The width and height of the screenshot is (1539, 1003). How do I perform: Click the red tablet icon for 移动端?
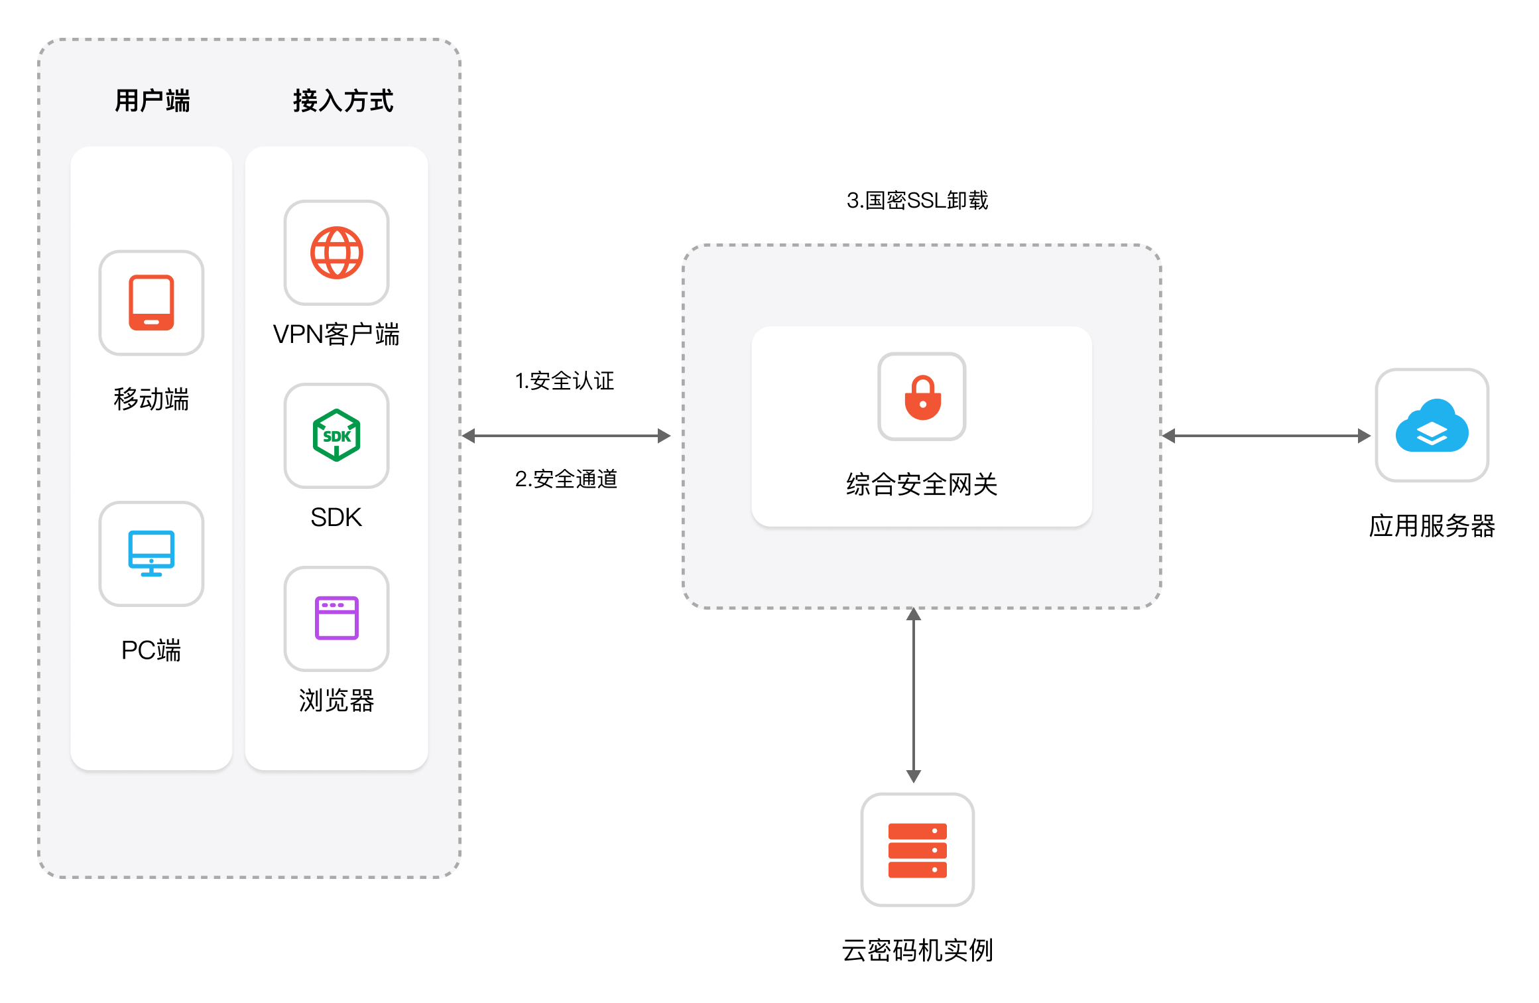click(x=151, y=302)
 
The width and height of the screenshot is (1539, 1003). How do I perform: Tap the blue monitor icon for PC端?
click(x=151, y=553)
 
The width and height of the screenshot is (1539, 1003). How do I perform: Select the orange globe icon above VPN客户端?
click(x=336, y=253)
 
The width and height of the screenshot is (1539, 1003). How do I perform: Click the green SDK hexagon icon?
click(x=336, y=436)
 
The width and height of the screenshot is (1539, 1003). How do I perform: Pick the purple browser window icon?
click(x=336, y=618)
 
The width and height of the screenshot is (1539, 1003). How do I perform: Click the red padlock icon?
click(x=922, y=397)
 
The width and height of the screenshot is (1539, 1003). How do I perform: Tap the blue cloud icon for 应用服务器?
click(x=1432, y=426)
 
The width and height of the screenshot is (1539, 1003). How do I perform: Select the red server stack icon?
click(x=917, y=850)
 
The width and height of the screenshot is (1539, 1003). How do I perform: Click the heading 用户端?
click(x=152, y=101)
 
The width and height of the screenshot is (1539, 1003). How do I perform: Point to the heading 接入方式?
click(x=343, y=101)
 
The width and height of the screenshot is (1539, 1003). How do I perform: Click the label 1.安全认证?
click(x=564, y=381)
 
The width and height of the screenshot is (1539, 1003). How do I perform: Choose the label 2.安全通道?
click(x=566, y=479)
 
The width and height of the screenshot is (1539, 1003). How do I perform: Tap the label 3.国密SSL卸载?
click(x=917, y=200)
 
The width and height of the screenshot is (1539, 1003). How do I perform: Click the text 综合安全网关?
click(x=922, y=484)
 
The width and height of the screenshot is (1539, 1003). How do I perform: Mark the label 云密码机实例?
click(x=917, y=951)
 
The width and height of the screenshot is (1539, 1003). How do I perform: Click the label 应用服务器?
click(x=1432, y=526)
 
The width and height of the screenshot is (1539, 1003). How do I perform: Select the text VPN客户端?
click(x=336, y=334)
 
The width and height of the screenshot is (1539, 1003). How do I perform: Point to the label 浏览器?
click(x=336, y=701)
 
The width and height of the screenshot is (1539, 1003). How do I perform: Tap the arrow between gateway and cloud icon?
click(x=1266, y=436)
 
